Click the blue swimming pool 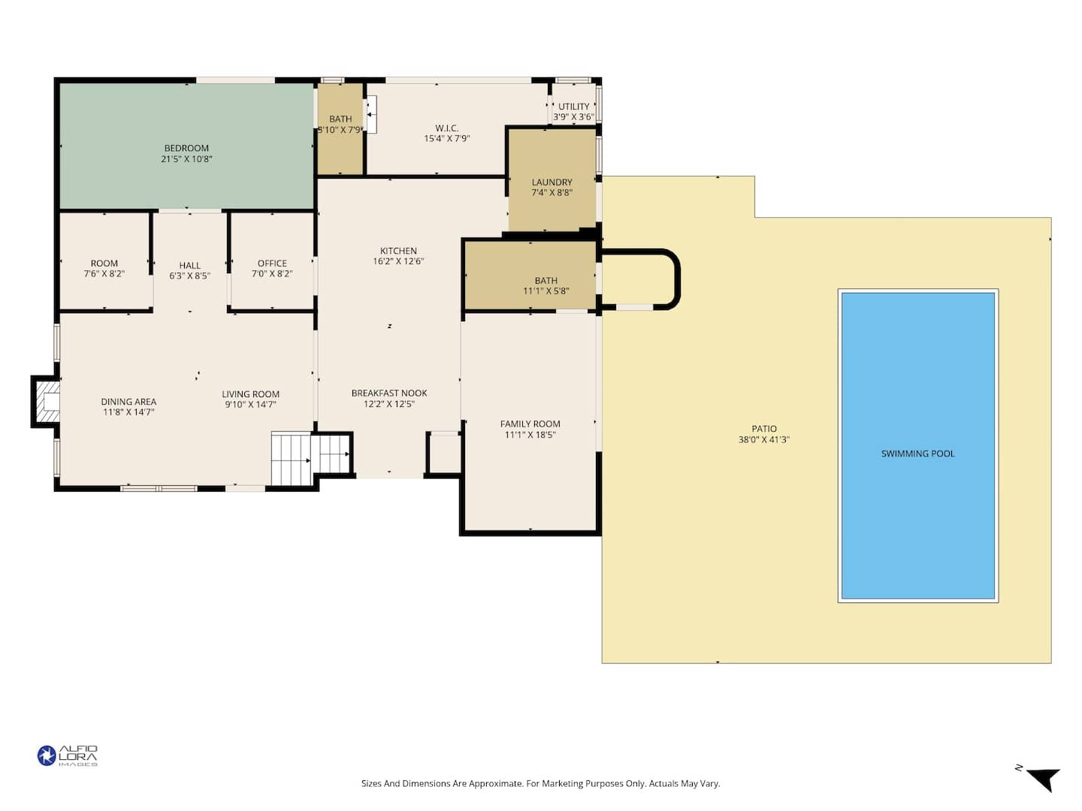click(x=917, y=445)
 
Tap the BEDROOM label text click(x=186, y=148)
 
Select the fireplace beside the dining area click(x=46, y=401)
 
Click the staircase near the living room click(x=310, y=458)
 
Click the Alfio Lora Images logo click(x=68, y=755)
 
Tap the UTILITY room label click(x=573, y=107)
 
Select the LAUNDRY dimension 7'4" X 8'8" click(x=552, y=192)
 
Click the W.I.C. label click(x=446, y=128)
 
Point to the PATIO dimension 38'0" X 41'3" click(x=763, y=440)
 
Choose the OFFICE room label click(x=272, y=264)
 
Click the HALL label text click(x=190, y=265)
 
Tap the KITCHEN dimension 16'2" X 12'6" click(x=398, y=261)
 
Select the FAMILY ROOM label click(x=530, y=424)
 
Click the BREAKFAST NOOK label click(x=389, y=393)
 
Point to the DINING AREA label click(x=128, y=402)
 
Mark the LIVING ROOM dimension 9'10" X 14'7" click(x=250, y=405)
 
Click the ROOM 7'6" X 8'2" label click(x=104, y=268)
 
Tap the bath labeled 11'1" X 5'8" click(x=530, y=276)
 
